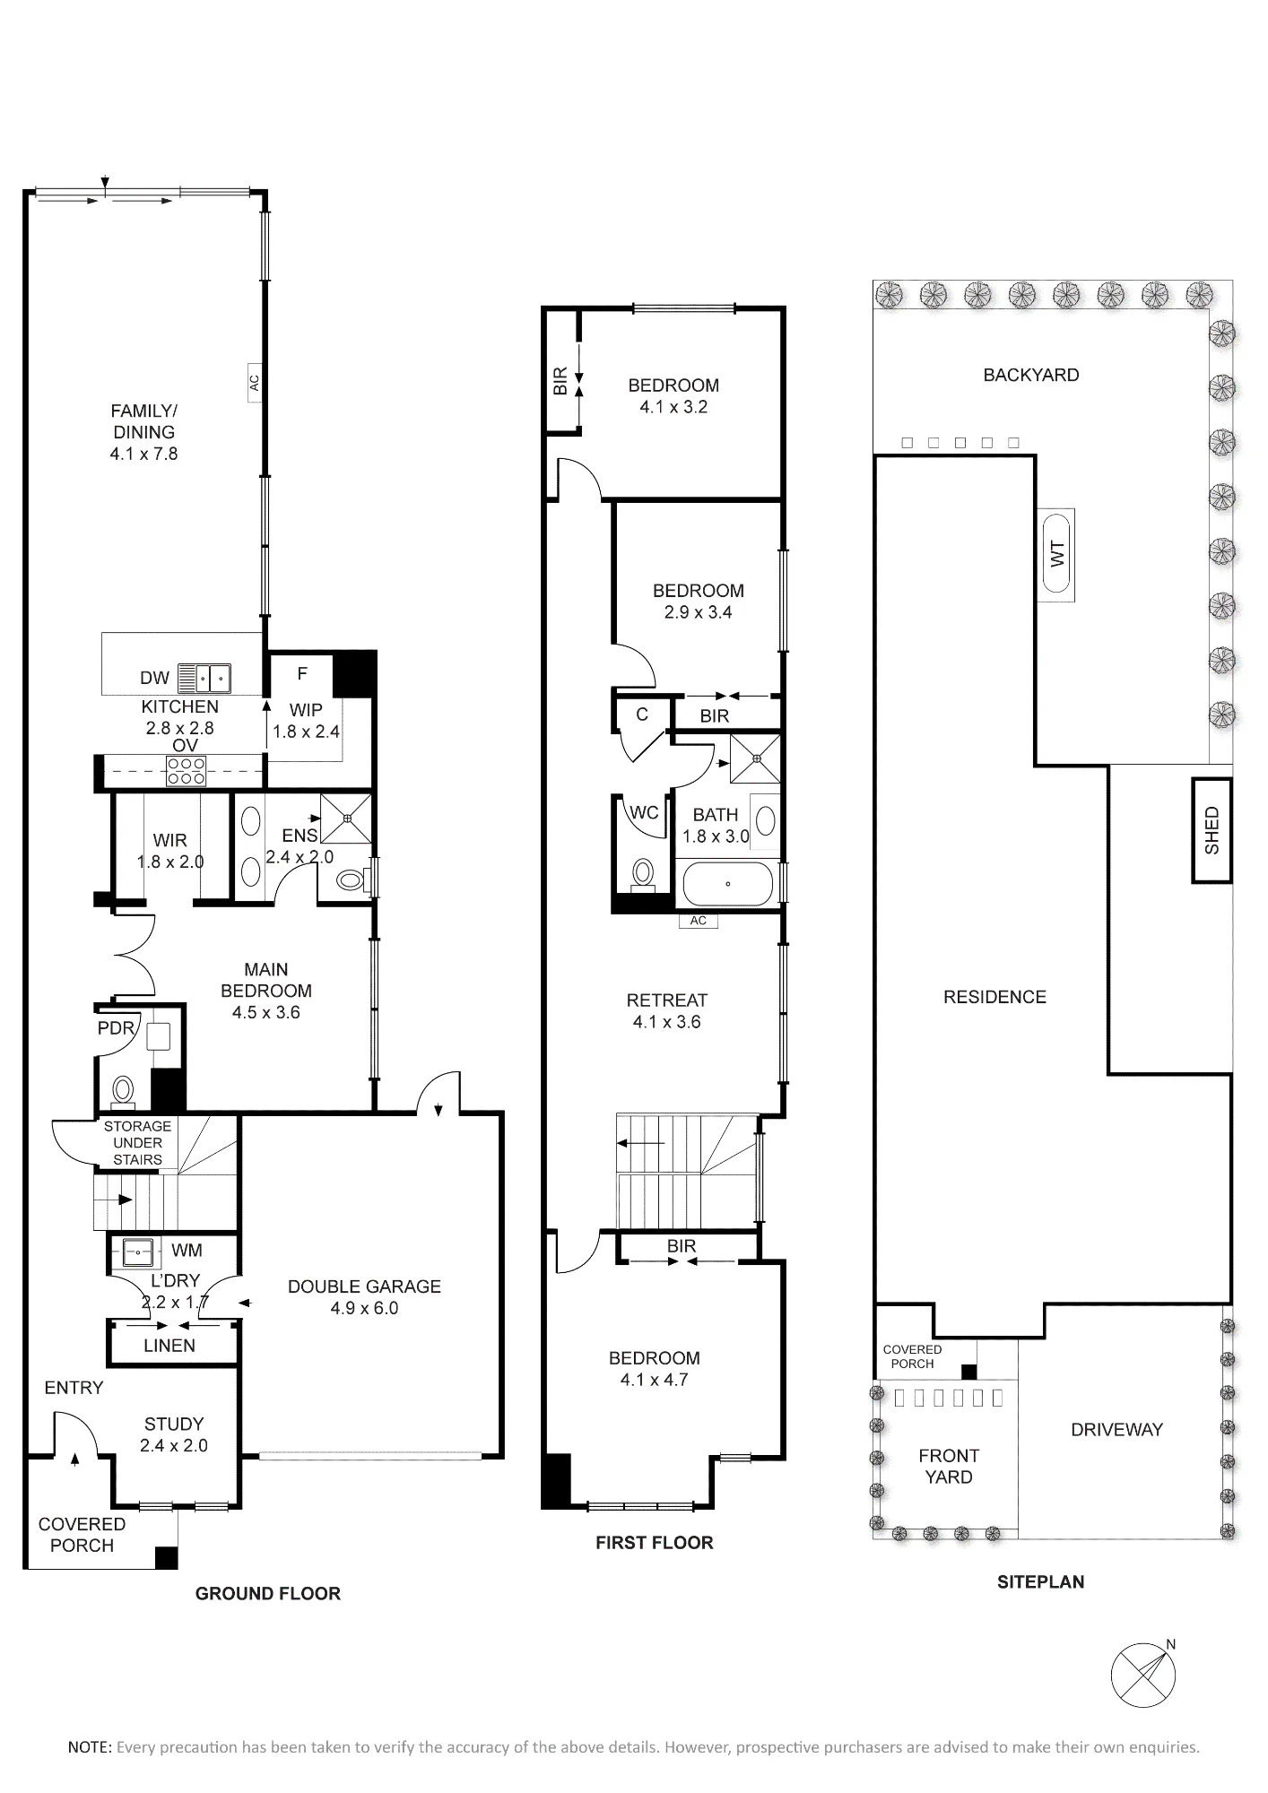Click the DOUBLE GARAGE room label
[364, 1296]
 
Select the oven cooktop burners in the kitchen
[186, 771]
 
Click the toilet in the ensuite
[352, 881]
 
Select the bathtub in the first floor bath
[728, 884]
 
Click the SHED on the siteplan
[1212, 830]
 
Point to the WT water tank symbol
[1056, 554]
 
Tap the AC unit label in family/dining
[254, 382]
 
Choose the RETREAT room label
[667, 1010]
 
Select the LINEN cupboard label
[169, 1345]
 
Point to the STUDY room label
[174, 1434]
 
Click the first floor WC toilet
[642, 872]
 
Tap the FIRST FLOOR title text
[655, 1543]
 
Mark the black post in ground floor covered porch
[166, 1558]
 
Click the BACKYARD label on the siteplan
[1031, 375]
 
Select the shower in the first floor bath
[756, 758]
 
